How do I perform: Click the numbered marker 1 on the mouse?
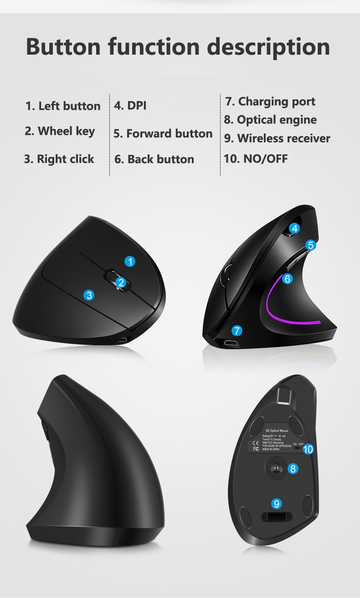(x=130, y=261)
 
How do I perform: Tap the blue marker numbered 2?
(x=121, y=282)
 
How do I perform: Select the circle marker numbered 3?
(x=89, y=295)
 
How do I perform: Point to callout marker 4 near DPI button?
(x=295, y=229)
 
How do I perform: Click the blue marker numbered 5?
(x=311, y=245)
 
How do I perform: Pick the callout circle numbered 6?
(x=287, y=279)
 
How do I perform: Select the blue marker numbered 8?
(x=293, y=468)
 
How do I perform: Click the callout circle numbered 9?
(x=277, y=503)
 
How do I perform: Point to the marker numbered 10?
(x=308, y=450)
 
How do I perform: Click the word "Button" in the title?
(x=63, y=47)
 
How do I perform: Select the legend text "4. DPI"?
(x=130, y=106)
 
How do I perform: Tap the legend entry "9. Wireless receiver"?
(x=277, y=138)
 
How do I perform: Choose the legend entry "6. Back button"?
(x=154, y=159)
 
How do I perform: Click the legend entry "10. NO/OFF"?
(x=256, y=158)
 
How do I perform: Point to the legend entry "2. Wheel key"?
(x=60, y=131)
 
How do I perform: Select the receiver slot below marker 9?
(x=276, y=517)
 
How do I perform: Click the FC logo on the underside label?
(x=256, y=449)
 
